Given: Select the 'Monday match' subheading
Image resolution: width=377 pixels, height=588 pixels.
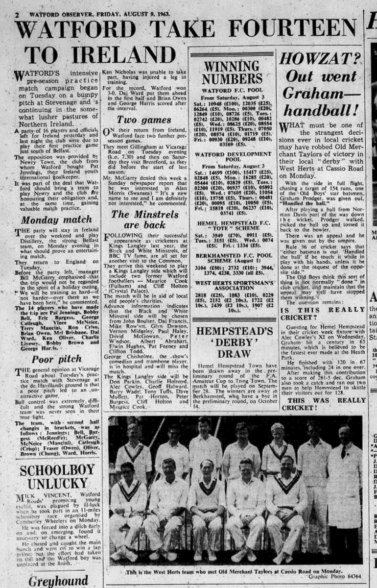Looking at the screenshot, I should point(56,219).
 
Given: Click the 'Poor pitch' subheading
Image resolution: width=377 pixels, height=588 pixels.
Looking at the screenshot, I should point(57,359).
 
